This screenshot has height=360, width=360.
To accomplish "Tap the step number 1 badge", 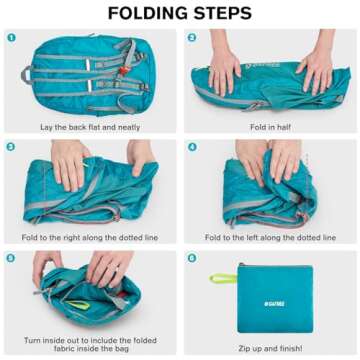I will (11, 37).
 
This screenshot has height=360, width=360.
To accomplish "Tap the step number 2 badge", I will (191, 37).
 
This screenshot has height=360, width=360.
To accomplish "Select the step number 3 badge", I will (11, 146).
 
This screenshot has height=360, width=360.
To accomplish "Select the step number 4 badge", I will (191, 146).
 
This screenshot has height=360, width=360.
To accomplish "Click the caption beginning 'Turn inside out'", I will (90, 340).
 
